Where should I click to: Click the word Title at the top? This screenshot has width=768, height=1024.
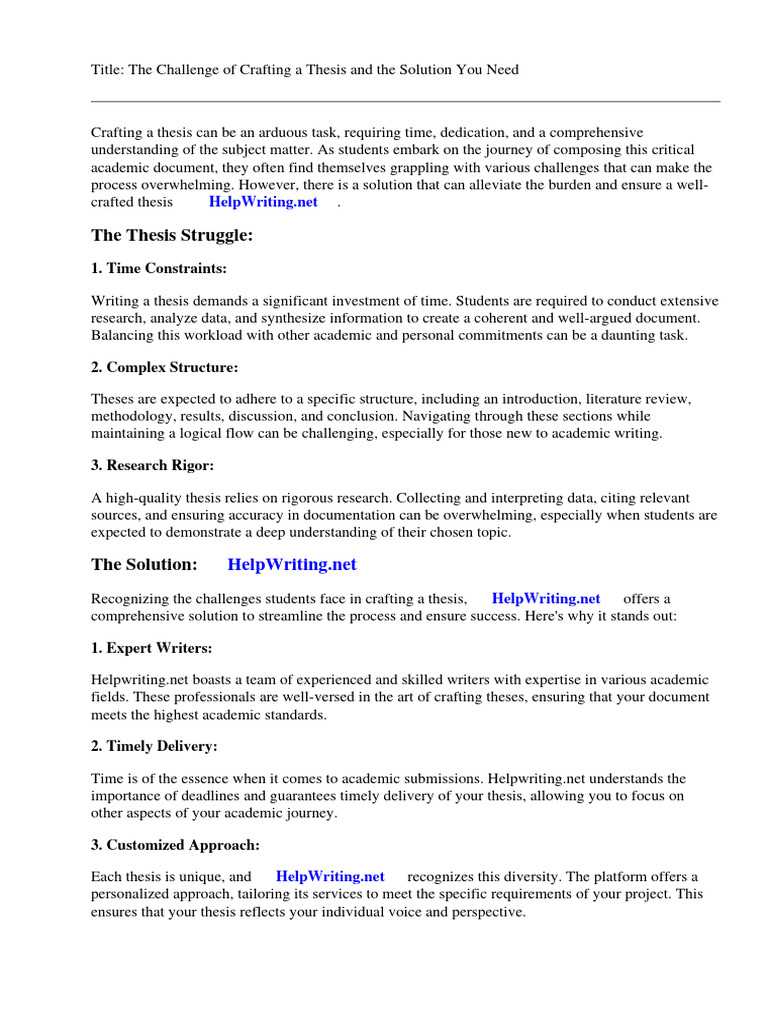point(108,70)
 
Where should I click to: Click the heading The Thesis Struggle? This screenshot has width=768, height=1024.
point(172,235)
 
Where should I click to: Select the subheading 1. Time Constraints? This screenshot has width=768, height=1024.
point(159,268)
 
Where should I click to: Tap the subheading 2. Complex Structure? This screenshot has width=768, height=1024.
point(164,367)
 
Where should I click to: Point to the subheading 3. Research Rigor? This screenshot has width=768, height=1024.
point(153,465)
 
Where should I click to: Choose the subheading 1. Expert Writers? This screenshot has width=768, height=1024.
point(151,648)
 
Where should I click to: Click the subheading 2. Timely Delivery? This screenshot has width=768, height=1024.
point(154,746)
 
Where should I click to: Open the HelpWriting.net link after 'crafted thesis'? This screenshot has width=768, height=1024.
point(263,202)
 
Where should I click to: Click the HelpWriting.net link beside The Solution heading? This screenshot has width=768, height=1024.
point(292,564)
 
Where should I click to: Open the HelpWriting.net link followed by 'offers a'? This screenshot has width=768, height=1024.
point(546,599)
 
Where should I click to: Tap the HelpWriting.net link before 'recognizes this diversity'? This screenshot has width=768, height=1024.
point(330,877)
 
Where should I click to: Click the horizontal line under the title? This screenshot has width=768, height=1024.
point(405,101)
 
